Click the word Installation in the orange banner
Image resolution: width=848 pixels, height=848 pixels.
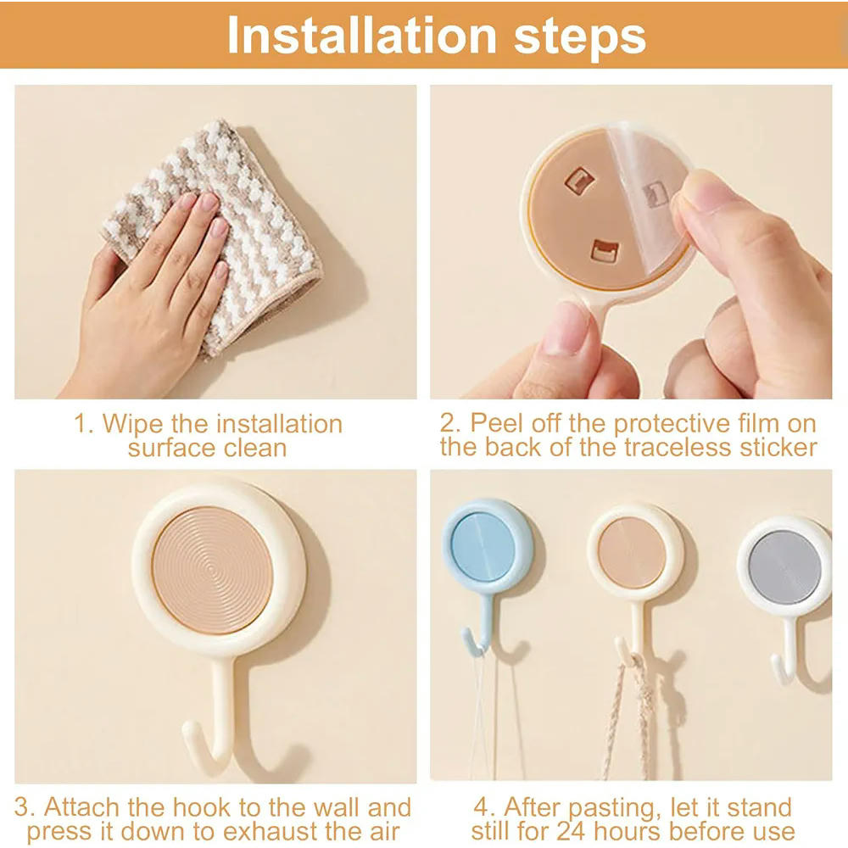click(x=362, y=35)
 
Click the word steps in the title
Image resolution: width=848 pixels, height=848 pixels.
click(x=580, y=36)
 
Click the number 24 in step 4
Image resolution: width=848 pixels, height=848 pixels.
click(x=570, y=831)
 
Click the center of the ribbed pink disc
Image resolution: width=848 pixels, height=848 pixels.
click(x=213, y=571)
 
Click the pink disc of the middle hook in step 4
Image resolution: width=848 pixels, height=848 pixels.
click(x=632, y=552)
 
